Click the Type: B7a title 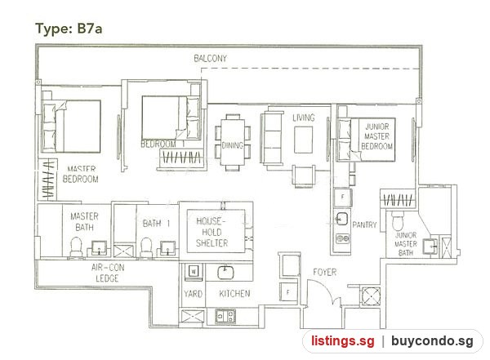[x=69, y=29]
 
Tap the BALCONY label [x=211, y=59]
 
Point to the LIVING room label [x=304, y=118]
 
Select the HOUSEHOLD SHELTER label [x=212, y=232]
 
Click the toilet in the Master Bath [x=76, y=247]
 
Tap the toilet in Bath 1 [x=146, y=248]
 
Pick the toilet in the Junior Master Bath [x=398, y=221]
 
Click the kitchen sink [x=225, y=273]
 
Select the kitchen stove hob [x=225, y=316]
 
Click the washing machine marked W [x=194, y=271]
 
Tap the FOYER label [x=325, y=272]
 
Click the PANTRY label [x=364, y=224]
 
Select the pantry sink [x=342, y=219]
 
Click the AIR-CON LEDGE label [x=108, y=273]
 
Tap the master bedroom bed [x=72, y=127]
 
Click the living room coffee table [x=304, y=140]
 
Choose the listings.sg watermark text [x=342, y=341]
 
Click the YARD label [x=193, y=294]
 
